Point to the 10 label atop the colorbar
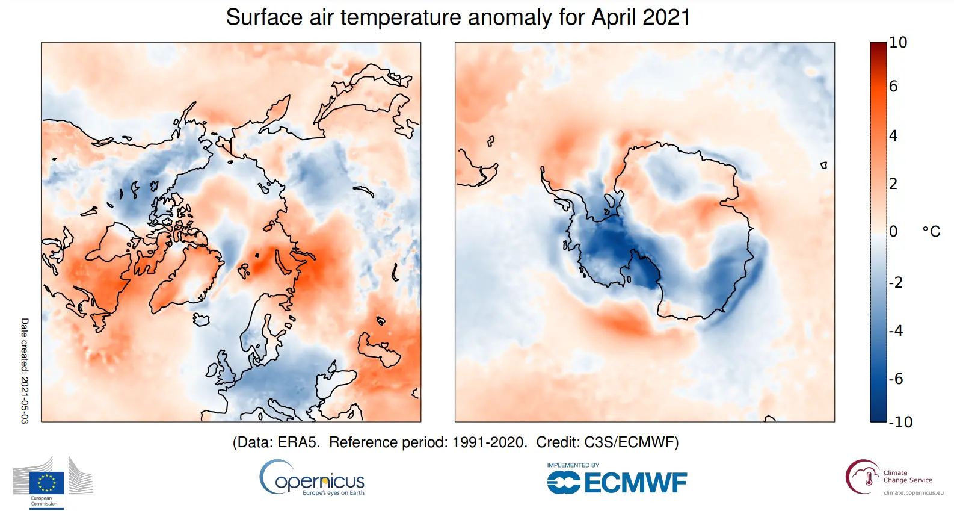click(x=898, y=43)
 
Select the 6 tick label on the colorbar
click(x=893, y=87)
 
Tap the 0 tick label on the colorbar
click(x=893, y=231)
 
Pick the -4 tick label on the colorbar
click(x=896, y=330)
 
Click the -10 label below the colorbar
click(x=901, y=422)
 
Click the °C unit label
click(x=931, y=232)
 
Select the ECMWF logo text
click(x=635, y=483)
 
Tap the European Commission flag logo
click(x=46, y=483)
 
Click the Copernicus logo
click(x=312, y=479)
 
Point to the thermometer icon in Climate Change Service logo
click(x=869, y=478)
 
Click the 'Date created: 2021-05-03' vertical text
click(x=25, y=371)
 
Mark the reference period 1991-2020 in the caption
click(x=489, y=442)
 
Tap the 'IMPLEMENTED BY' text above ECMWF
click(x=573, y=465)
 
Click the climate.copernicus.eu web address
click(x=913, y=492)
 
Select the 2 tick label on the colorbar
click(x=893, y=184)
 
